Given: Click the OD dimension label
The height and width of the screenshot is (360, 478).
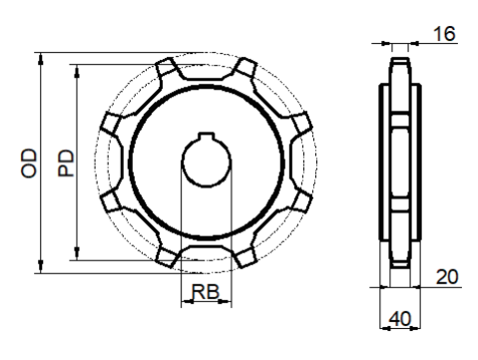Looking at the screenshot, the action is (29, 164).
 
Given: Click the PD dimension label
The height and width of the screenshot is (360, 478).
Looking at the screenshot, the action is (66, 163).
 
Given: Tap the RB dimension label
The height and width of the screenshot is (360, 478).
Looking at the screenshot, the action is (206, 292).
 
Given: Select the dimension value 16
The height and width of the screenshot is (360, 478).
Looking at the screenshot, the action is (444, 34).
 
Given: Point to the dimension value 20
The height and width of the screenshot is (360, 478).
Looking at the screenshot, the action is (447, 276).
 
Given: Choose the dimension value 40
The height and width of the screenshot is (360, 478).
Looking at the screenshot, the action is (400, 319).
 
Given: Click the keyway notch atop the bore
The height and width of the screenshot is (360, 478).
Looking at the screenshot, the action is (206, 136).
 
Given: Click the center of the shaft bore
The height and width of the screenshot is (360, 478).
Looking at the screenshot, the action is (207, 163).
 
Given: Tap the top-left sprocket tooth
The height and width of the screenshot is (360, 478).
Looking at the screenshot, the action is (166, 66).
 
